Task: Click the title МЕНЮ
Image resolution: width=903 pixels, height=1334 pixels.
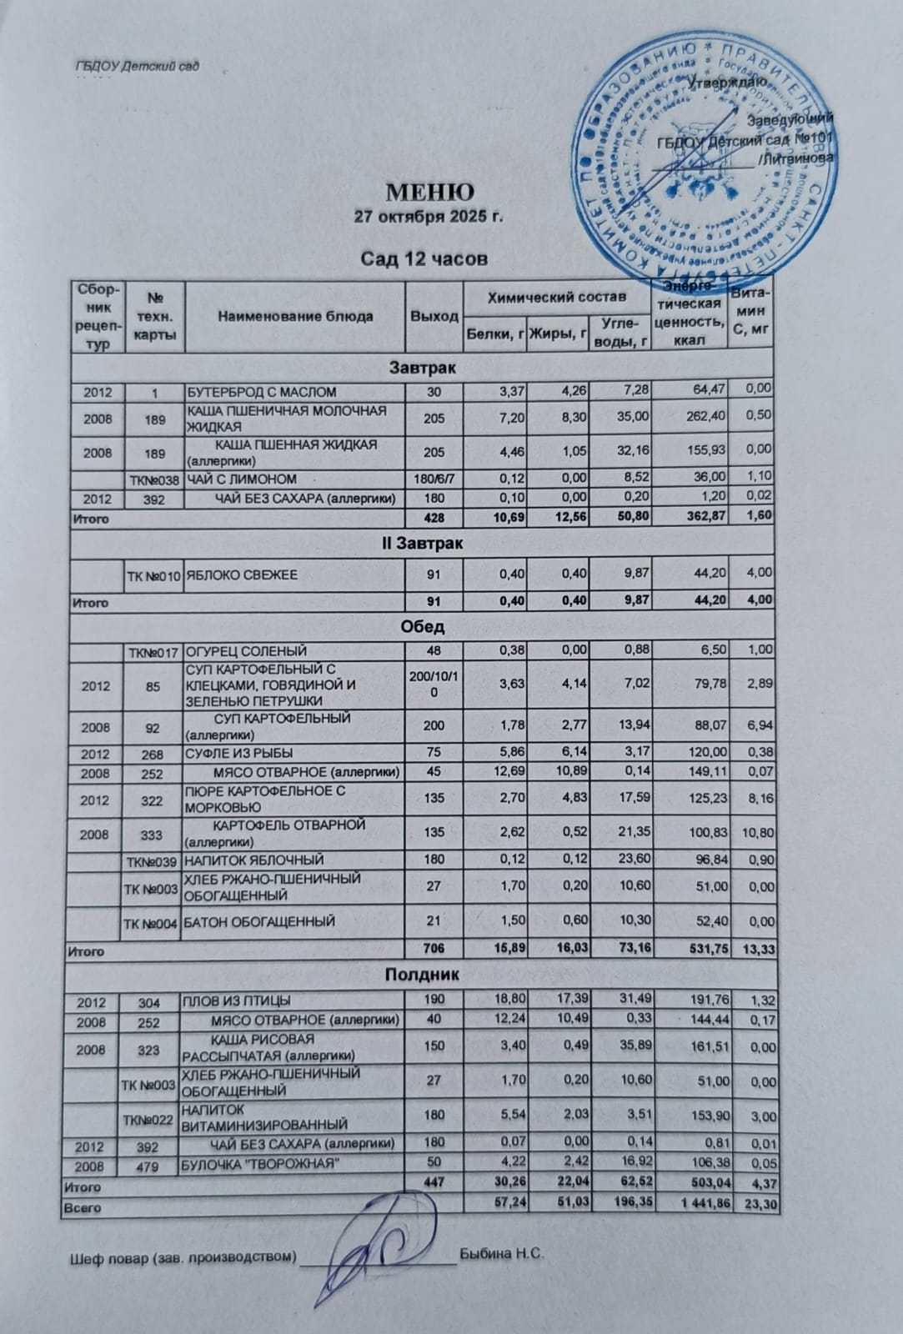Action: pyautogui.click(x=429, y=193)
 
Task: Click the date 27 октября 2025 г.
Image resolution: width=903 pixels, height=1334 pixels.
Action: pyautogui.click(x=429, y=218)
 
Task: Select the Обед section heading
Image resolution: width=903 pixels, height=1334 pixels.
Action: pyautogui.click(x=423, y=627)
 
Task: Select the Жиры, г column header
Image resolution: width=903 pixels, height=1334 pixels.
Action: pyautogui.click(x=558, y=335)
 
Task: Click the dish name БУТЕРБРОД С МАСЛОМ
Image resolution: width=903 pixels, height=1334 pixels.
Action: pyautogui.click(x=262, y=391)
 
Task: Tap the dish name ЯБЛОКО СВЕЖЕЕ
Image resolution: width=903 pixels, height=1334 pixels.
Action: pyautogui.click(x=242, y=574)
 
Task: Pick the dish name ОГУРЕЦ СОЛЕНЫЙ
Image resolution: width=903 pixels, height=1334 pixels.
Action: pyautogui.click(x=246, y=650)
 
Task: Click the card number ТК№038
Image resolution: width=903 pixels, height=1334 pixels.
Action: pyautogui.click(x=154, y=479)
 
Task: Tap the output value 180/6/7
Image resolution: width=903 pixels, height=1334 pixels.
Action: pyautogui.click(x=434, y=479)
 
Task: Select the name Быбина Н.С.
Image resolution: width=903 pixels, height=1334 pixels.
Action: pyautogui.click(x=502, y=1253)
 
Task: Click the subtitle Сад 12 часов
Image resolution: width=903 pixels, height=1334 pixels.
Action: pyautogui.click(x=424, y=259)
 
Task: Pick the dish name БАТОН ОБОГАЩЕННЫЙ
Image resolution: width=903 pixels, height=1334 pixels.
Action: pyautogui.click(x=259, y=921)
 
